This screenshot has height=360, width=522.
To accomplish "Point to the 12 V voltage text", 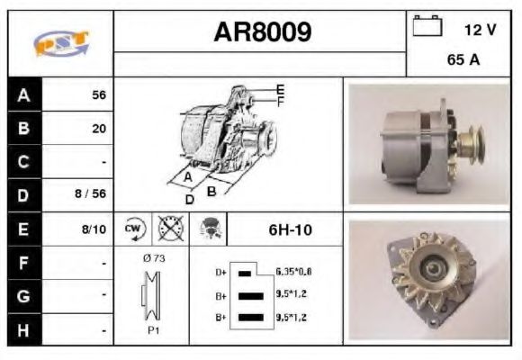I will tap(480, 30).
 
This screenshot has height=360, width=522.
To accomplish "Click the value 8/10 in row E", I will tap(94, 229).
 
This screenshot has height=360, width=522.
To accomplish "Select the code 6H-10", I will tap(290, 229).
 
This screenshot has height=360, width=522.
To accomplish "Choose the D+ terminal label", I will tap(219, 271).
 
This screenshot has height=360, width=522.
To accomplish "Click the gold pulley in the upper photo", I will tap(467, 139).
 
